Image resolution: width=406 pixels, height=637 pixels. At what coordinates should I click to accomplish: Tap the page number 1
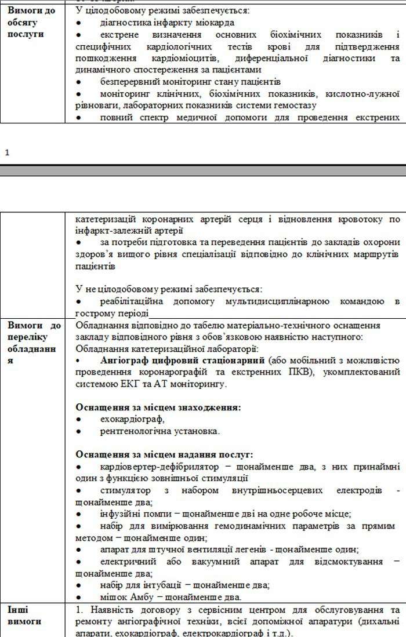[7, 152]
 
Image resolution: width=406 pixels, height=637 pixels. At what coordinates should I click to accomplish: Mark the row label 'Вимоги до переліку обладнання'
[34, 343]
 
